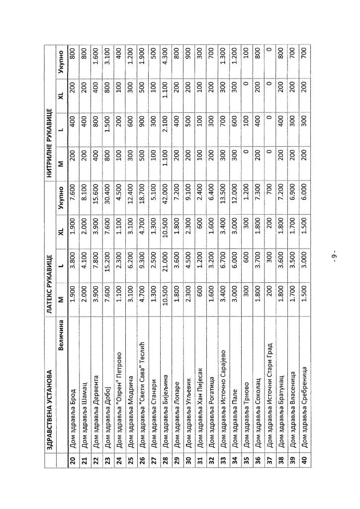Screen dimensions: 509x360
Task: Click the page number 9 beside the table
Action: click(334, 256)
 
